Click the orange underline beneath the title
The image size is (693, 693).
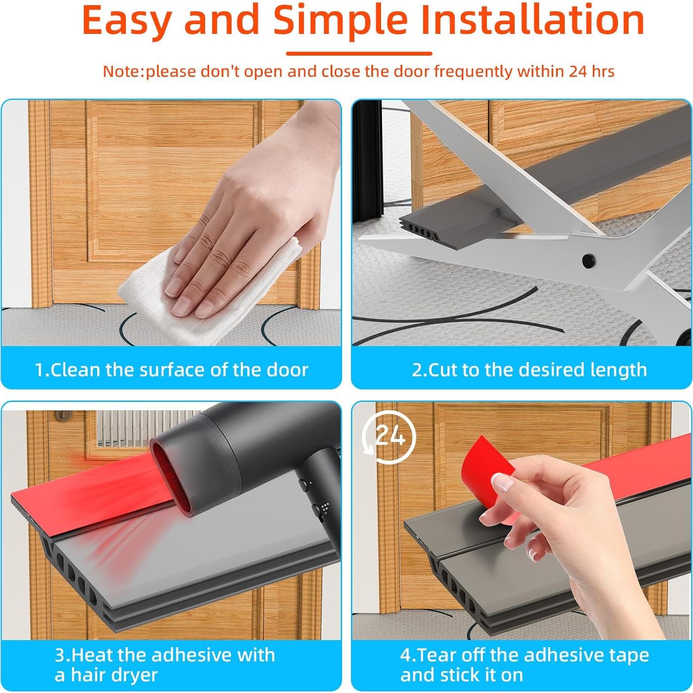[359, 53]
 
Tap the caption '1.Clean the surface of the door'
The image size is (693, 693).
[172, 370]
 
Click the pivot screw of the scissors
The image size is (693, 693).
[588, 259]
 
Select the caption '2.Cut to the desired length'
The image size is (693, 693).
[529, 370]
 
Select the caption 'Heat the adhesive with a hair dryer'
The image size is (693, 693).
[165, 665]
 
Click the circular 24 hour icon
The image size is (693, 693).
[389, 436]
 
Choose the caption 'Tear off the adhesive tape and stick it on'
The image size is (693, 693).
[524, 665]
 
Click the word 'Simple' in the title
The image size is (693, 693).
[340, 21]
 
